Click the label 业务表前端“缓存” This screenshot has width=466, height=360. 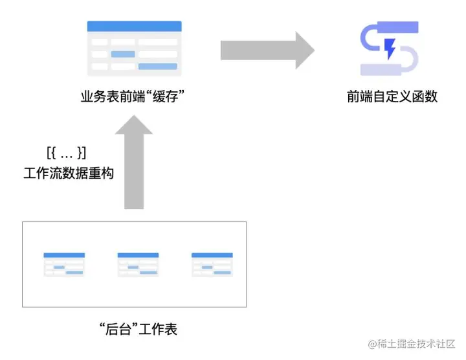(134, 97)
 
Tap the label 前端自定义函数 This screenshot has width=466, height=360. (392, 97)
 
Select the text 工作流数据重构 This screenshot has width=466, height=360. (69, 174)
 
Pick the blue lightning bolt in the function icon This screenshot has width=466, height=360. (390, 49)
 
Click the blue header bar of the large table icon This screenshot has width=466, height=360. (134, 26)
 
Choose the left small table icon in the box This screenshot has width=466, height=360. (64, 264)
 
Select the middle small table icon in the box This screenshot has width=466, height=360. (138, 264)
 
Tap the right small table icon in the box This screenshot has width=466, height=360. (212, 264)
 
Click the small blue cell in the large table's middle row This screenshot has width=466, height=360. (123, 54)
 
